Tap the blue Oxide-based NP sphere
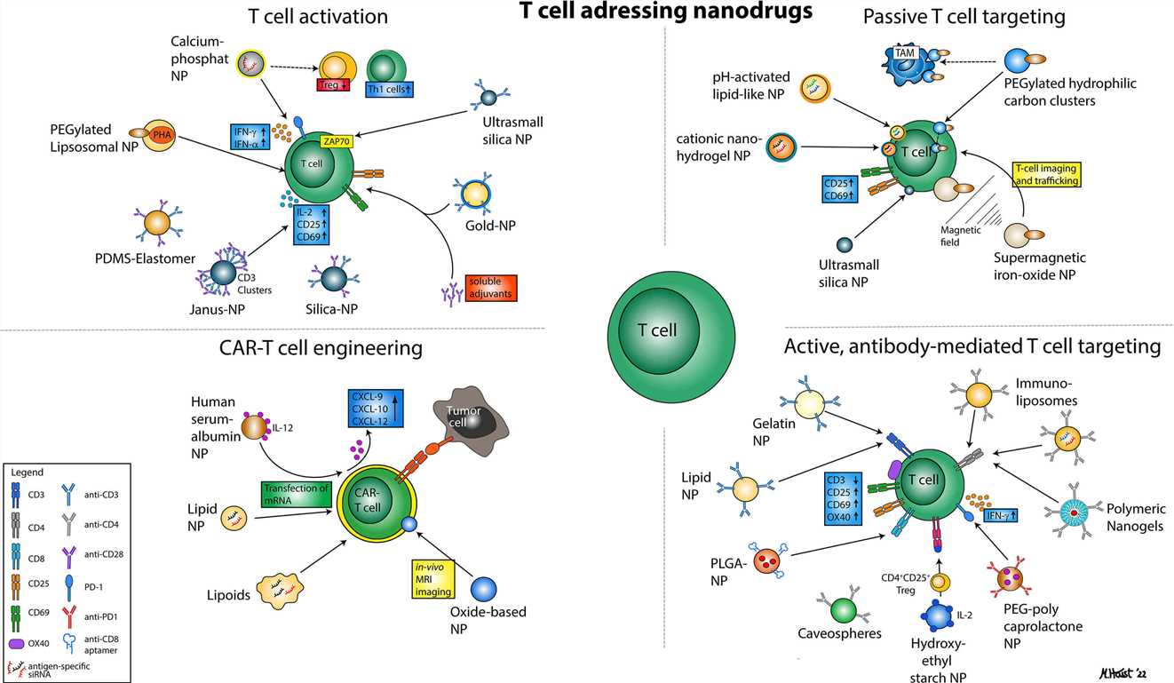point(482,589)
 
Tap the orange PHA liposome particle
point(159,135)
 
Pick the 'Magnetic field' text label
point(962,235)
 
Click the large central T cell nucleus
point(658,330)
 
